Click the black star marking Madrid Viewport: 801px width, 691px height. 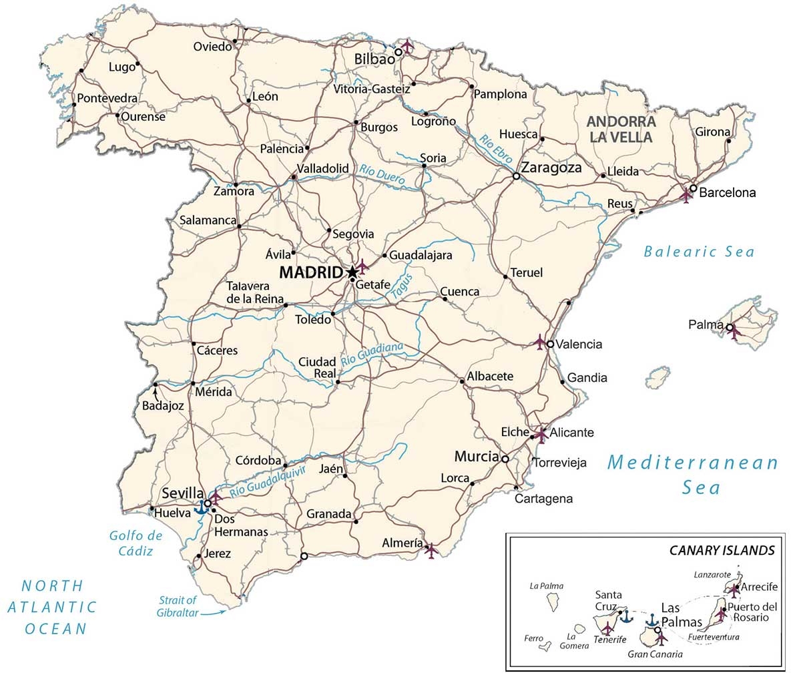pyautogui.click(x=352, y=272)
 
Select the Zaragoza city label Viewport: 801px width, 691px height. pyautogui.click(x=551, y=168)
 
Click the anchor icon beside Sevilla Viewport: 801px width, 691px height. pyautogui.click(x=200, y=508)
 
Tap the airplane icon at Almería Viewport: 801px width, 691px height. pyautogui.click(x=431, y=549)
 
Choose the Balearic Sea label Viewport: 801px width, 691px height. pyautogui.click(x=699, y=252)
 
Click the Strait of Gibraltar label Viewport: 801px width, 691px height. pyautogui.click(x=178, y=606)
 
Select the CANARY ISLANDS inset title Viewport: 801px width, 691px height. pyautogui.click(x=722, y=550)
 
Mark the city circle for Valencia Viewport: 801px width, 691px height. pyautogui.click(x=549, y=344)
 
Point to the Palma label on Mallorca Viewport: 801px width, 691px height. pyautogui.click(x=706, y=325)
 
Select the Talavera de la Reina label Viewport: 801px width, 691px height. pyautogui.click(x=254, y=292)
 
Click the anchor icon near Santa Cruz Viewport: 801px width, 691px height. pyautogui.click(x=625, y=617)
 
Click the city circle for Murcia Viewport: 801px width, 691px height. pyautogui.click(x=505, y=459)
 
